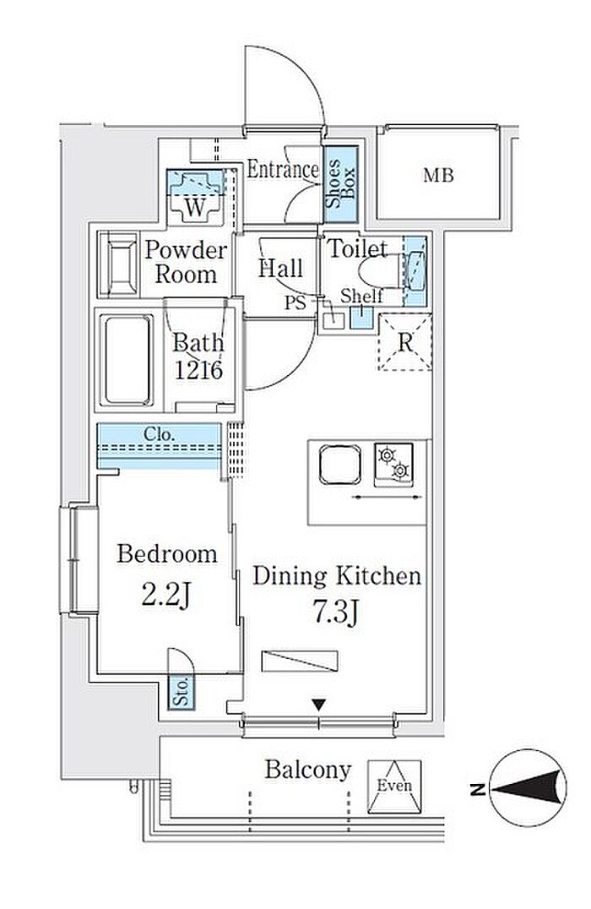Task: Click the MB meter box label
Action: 438,175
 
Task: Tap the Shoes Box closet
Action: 340,184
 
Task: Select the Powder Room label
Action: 186,262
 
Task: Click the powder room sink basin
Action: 119,265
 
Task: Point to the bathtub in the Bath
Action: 128,360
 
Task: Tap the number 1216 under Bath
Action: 198,370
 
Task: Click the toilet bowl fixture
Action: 380,272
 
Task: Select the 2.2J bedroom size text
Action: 166,593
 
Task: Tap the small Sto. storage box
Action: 182,692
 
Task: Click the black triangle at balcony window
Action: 318,705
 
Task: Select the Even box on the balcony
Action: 394,786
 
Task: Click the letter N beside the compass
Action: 478,788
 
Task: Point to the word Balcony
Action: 308,770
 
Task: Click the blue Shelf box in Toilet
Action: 361,317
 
